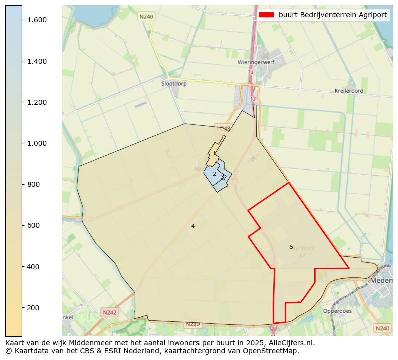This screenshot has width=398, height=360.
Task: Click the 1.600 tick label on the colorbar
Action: (37, 20)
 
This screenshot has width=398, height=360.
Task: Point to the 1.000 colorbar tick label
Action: (37, 143)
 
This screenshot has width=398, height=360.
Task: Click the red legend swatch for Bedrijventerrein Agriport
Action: (266, 15)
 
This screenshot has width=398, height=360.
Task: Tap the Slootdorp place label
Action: (174, 84)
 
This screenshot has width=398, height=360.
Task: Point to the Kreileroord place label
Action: (349, 91)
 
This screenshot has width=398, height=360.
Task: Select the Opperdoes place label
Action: (337, 311)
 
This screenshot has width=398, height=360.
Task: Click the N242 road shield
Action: (109, 312)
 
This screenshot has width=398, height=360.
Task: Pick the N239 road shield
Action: (192, 324)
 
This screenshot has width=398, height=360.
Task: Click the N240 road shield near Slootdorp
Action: (146, 17)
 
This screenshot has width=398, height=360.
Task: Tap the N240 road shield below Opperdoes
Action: (382, 328)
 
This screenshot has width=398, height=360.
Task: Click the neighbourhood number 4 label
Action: (193, 226)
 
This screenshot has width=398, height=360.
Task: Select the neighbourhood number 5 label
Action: (291, 247)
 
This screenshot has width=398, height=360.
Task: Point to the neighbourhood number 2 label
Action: (214, 174)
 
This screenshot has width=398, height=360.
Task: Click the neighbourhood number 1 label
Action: (214, 154)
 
